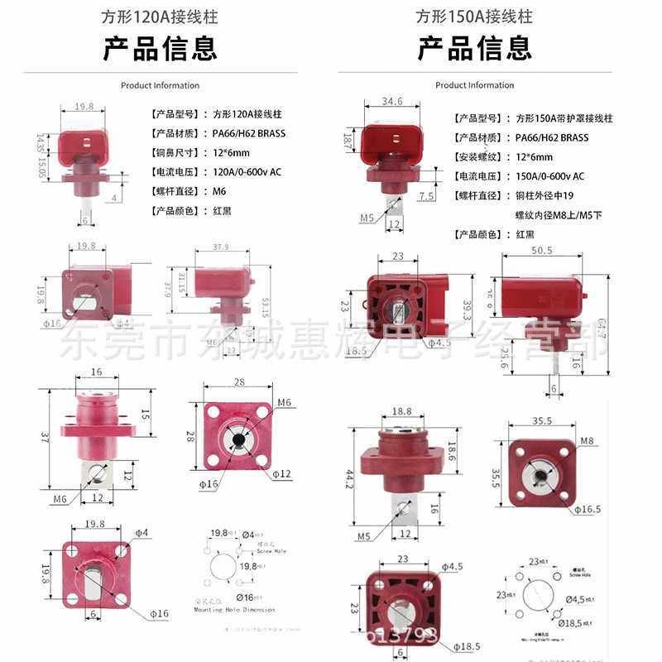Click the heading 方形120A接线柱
[x=160, y=17]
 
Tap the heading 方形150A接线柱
[x=474, y=17]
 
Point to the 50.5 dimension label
[x=542, y=250]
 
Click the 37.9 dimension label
[x=220, y=247]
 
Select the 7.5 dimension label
[x=427, y=196]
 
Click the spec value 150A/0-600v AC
[x=550, y=176]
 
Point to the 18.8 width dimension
[x=401, y=410]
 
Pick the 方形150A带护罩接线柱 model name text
[x=564, y=118]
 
